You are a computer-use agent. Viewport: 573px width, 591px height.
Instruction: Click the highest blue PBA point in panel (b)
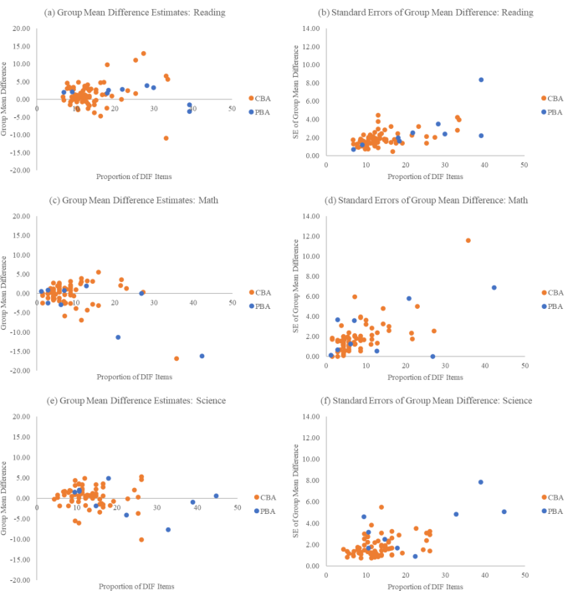(481, 80)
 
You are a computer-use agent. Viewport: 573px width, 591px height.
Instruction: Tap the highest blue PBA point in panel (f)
(480, 482)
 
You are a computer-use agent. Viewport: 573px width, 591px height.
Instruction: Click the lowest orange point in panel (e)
(141, 540)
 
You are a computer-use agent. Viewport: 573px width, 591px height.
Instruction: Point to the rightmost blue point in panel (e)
(216, 496)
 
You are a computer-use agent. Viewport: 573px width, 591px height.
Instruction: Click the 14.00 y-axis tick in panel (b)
(310, 29)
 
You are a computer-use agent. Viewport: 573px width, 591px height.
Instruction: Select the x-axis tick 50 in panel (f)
(524, 575)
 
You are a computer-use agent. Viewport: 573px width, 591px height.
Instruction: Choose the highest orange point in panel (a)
(143, 54)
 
